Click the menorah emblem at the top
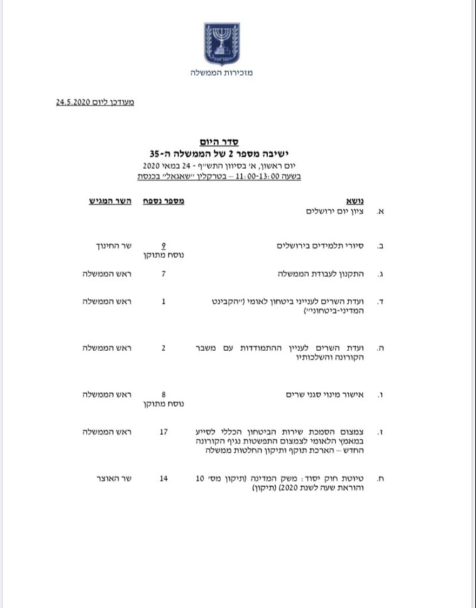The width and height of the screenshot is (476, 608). (221, 43)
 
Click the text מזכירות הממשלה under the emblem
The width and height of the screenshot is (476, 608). (221, 73)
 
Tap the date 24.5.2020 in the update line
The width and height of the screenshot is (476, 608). (74, 102)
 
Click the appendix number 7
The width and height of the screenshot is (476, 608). (164, 274)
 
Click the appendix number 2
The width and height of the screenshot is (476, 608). (164, 347)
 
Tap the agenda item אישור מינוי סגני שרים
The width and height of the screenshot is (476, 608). (327, 395)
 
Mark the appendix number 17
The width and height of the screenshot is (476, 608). (164, 433)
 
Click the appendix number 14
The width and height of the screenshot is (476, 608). (164, 479)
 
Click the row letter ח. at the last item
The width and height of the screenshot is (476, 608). (380, 479)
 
